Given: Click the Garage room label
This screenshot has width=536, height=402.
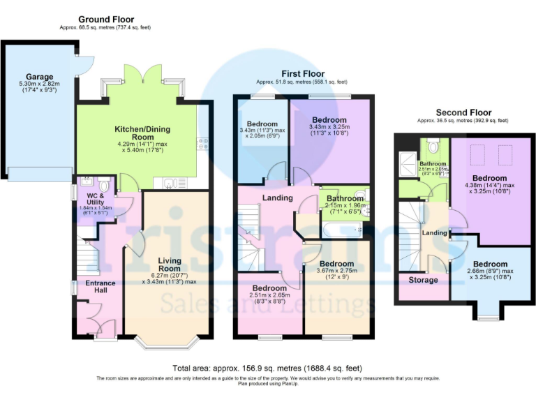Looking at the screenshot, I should (x=40, y=77).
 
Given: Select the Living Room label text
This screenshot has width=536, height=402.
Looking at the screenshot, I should (x=170, y=265).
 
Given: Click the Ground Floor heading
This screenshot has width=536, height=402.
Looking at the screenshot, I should (x=106, y=20).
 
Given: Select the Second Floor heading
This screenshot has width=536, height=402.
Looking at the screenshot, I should (x=463, y=112).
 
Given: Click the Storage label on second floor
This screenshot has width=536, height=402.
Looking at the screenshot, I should (x=423, y=280).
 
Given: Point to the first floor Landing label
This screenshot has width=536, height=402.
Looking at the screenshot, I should (x=277, y=198).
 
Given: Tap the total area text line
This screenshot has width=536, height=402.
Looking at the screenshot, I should (x=267, y=368).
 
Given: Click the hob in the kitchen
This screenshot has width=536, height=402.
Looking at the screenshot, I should (x=204, y=143).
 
